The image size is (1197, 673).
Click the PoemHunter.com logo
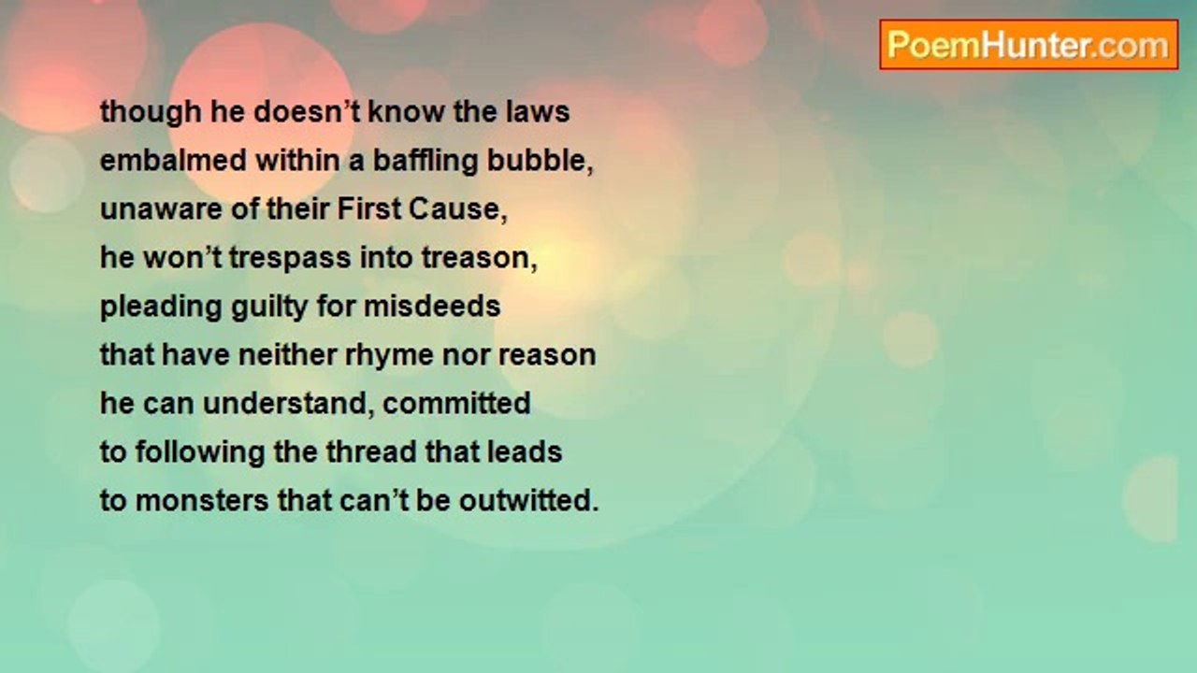point(1029,45)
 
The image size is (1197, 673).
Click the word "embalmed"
point(174,160)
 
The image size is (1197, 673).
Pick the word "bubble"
point(537,160)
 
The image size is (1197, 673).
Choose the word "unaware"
point(161,209)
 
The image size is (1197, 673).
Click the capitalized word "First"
point(369,208)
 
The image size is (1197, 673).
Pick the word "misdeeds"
point(432,306)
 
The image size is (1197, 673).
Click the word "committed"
point(457,403)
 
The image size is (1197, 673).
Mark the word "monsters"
point(202,502)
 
